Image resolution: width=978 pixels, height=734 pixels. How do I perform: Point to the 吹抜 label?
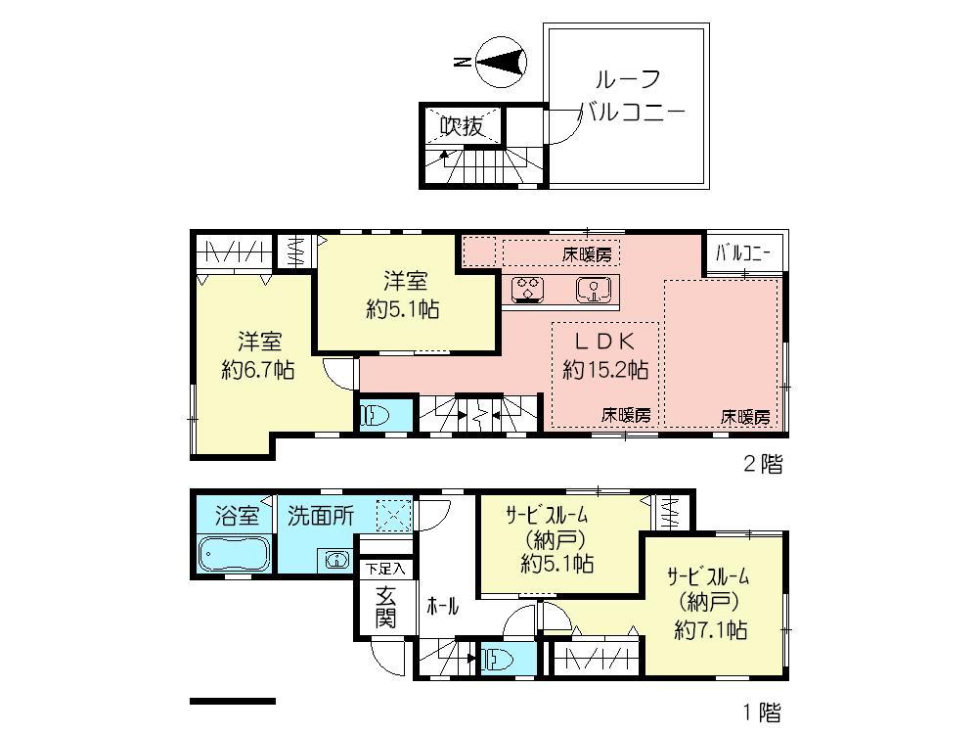461,125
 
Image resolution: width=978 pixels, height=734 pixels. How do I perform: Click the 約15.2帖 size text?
605,370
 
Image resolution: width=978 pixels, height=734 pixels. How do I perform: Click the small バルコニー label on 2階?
743,253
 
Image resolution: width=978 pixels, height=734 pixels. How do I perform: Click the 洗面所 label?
321,516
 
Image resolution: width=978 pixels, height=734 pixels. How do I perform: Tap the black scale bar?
233,701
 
